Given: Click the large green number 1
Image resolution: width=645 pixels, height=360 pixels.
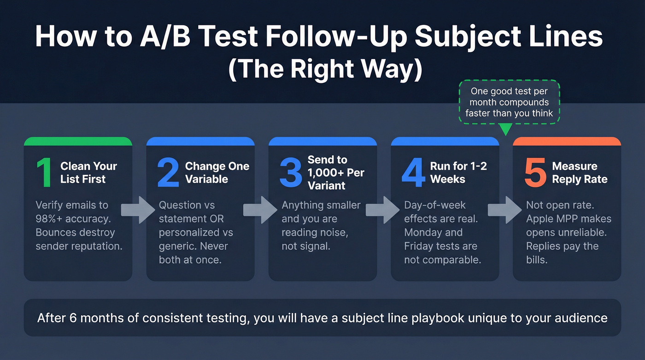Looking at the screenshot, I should (x=44, y=173).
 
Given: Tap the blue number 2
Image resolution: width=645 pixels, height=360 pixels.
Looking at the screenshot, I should (x=168, y=173).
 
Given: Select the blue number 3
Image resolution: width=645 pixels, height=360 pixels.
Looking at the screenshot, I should (x=291, y=173).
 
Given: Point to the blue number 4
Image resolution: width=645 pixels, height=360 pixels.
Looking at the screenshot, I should (x=413, y=173).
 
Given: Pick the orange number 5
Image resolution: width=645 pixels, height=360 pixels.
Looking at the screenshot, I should (x=535, y=173).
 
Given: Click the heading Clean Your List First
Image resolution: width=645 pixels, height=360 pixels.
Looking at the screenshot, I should (x=88, y=173).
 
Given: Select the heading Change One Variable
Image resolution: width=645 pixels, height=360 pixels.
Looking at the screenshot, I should (x=217, y=173).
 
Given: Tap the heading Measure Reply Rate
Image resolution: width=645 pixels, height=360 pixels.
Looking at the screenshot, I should (x=580, y=173).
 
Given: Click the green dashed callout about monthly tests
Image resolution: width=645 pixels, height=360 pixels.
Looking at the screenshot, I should (x=509, y=102).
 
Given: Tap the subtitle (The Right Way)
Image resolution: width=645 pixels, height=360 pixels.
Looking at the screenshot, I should (x=325, y=70).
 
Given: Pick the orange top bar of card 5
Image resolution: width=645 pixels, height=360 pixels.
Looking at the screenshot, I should (x=567, y=141).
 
